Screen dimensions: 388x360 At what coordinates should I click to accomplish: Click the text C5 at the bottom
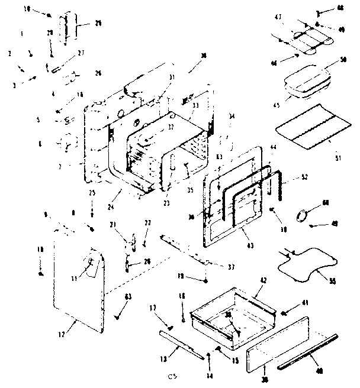coord(173,376)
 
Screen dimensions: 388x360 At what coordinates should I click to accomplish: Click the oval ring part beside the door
coord(304,216)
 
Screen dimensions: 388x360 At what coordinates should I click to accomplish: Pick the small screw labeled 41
coord(284,311)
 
